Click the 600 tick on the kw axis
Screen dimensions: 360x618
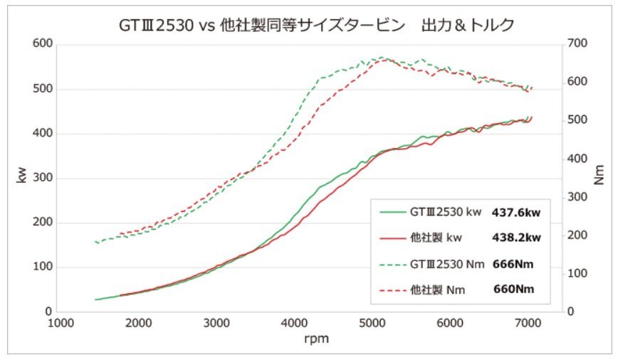(43, 44)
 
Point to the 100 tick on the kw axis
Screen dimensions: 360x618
(43, 268)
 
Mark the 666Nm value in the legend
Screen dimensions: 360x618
(513, 263)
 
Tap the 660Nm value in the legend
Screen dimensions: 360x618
(513, 289)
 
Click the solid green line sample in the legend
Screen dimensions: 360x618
(391, 212)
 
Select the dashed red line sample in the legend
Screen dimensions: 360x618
(391, 290)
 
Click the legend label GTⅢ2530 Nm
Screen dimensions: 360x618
(448, 263)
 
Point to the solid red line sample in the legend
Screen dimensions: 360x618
(391, 238)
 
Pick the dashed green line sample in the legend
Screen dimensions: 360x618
(391, 264)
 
